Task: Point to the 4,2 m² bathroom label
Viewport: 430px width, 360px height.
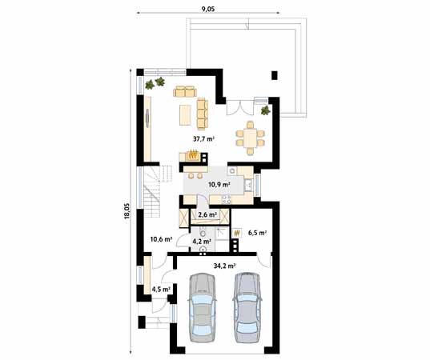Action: click(202, 240)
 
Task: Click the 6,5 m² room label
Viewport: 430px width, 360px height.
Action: click(257, 234)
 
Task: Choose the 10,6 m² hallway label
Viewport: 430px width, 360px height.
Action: click(162, 238)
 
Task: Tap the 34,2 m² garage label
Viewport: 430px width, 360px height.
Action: click(224, 265)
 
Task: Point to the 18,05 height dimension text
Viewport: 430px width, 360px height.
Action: click(127, 209)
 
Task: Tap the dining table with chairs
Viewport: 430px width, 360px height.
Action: click(251, 138)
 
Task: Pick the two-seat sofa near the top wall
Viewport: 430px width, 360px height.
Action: click(184, 90)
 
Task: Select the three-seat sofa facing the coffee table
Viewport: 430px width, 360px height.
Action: click(202, 111)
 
